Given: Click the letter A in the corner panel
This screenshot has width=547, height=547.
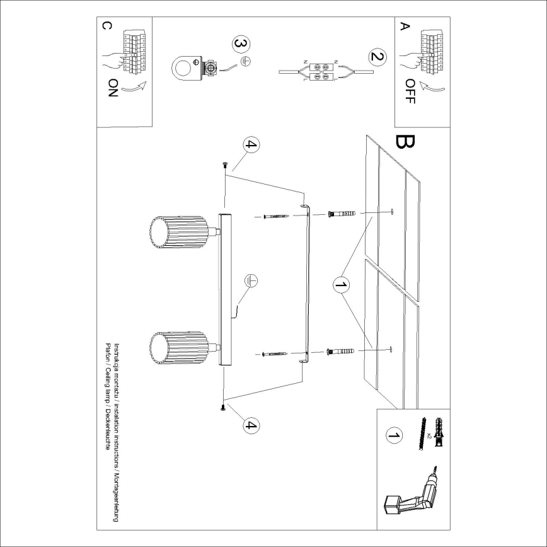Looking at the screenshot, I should (x=405, y=26).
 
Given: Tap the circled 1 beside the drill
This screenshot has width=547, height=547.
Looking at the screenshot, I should (x=394, y=435).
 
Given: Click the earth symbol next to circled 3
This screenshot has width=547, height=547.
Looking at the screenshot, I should (x=248, y=61).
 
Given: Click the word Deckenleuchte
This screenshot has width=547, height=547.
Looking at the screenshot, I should (x=108, y=434).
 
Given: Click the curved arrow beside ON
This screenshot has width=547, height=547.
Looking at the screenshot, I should (x=134, y=88).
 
